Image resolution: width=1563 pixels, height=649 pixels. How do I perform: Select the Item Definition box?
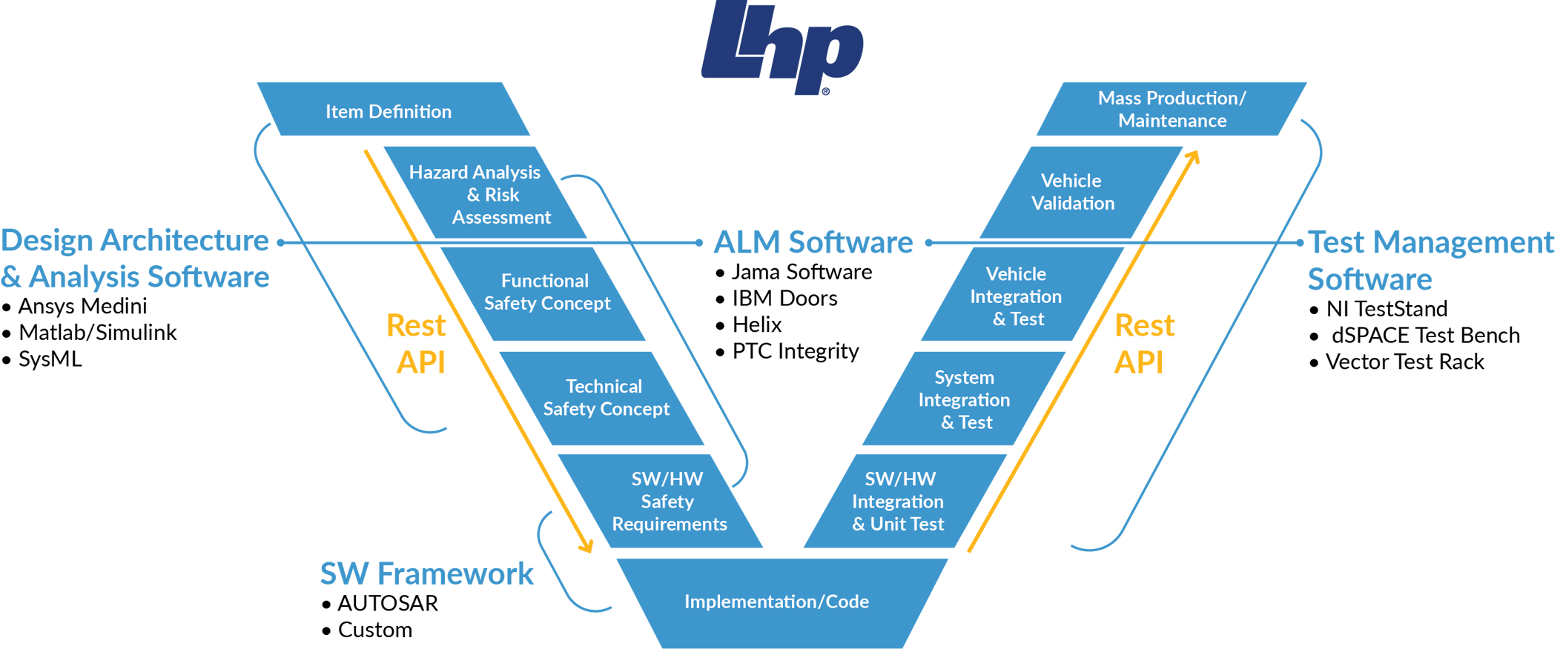coord(389,111)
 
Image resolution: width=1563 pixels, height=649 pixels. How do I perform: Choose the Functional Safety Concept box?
coord(546,292)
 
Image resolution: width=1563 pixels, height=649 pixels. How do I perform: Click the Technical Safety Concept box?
coord(605,398)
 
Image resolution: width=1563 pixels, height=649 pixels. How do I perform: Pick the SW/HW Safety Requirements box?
coord(667,502)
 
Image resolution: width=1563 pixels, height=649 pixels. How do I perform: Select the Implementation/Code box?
coord(776,602)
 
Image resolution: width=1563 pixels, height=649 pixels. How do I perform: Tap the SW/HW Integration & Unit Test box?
coord(899,502)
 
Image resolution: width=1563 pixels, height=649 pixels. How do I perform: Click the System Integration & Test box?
coord(965,400)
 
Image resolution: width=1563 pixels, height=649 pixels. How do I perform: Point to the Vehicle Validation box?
coord(1072,192)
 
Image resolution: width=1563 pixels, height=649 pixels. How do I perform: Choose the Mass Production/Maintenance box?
coord(1172,110)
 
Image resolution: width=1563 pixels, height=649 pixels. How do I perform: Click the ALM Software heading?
coord(813,242)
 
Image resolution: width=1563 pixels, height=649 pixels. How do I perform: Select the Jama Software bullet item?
coord(801,272)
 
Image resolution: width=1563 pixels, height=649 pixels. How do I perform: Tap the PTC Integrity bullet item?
coord(795,351)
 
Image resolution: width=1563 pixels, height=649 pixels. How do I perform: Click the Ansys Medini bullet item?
coord(82,306)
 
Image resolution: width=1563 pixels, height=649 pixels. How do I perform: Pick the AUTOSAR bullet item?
coord(387,604)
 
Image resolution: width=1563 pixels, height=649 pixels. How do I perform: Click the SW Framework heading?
coord(426,573)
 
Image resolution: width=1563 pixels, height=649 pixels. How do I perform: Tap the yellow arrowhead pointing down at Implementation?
coord(586,547)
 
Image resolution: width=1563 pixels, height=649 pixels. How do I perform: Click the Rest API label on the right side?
coord(1143,344)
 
